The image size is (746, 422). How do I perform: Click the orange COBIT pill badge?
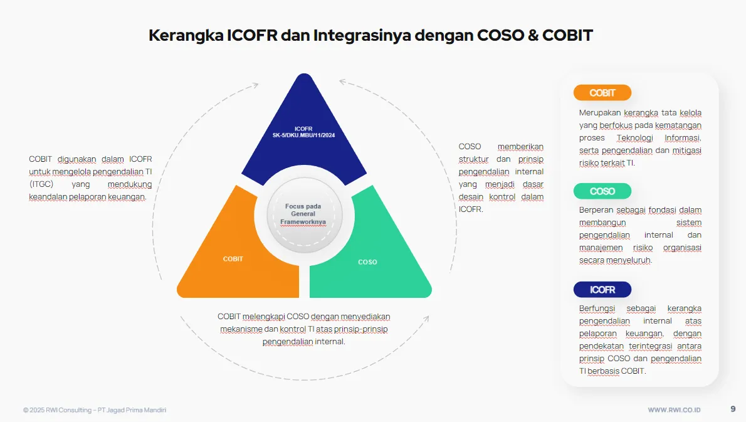click(602, 93)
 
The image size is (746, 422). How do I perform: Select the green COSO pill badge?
click(602, 191)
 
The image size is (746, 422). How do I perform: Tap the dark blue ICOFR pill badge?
click(602, 290)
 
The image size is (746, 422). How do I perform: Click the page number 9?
click(733, 409)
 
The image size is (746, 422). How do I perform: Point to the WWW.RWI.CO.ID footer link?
click(674, 409)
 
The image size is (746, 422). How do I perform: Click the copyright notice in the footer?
click(95, 409)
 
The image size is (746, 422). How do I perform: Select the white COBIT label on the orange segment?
click(233, 259)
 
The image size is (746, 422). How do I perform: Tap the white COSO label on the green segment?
click(367, 262)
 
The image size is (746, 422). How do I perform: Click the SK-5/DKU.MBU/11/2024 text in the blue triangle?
click(303, 135)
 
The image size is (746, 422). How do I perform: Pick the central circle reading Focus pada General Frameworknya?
click(304, 215)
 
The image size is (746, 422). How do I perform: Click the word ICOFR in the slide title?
click(252, 35)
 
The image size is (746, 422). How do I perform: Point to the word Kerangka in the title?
click(186, 36)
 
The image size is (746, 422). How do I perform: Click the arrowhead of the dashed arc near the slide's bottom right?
click(427, 319)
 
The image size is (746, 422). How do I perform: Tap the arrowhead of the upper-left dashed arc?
click(256, 85)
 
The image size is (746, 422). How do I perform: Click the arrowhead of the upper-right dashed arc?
click(342, 82)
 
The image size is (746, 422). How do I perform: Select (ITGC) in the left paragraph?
click(41, 184)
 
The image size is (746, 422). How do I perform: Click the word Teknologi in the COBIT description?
click(634, 138)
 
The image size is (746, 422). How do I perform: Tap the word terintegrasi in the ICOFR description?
click(650, 346)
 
